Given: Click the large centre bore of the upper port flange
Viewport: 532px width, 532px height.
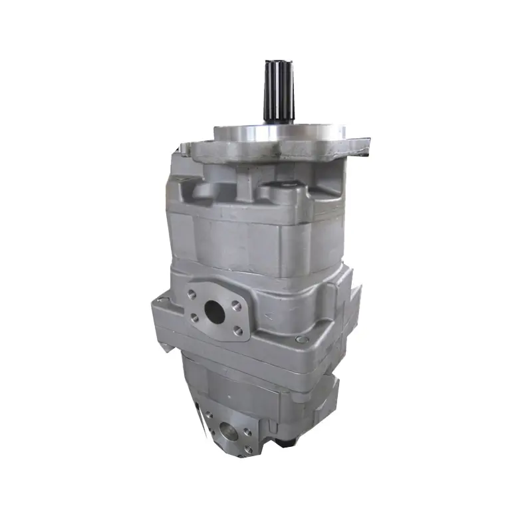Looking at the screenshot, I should coord(215,310).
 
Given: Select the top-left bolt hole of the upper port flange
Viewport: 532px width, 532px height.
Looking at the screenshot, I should coord(193,293).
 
